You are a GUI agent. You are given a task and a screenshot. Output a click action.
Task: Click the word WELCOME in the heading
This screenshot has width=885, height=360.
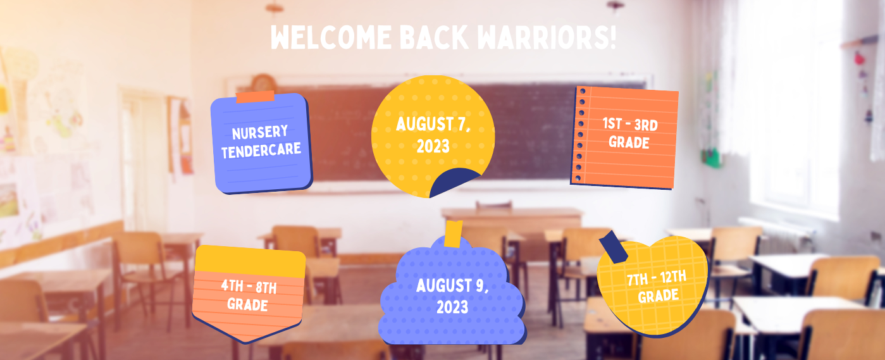[331, 37]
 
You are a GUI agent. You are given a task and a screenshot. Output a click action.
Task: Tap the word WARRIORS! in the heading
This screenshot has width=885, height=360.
[547, 37]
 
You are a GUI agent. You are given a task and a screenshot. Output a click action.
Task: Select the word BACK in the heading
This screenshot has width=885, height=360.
[434, 37]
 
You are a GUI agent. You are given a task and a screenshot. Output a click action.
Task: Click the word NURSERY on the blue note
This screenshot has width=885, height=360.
[259, 132]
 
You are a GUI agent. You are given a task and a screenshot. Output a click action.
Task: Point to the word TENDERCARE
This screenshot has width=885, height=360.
[261, 150]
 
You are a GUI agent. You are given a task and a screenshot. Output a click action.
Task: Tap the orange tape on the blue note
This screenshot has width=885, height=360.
[255, 97]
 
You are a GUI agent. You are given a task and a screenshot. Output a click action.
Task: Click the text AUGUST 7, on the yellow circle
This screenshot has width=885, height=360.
[433, 124]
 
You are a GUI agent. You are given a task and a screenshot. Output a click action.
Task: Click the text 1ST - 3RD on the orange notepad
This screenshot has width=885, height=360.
[630, 124]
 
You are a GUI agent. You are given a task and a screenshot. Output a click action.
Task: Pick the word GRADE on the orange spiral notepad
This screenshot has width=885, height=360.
[629, 142]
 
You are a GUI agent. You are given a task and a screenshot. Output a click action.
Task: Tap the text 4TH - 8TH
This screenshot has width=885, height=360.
[249, 286]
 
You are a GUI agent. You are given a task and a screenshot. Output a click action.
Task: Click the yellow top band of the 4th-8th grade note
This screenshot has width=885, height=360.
[250, 261]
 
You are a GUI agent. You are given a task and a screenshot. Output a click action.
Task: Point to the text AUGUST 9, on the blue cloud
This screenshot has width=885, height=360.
[452, 285]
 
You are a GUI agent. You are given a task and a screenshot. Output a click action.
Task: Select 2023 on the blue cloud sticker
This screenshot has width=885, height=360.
[452, 307]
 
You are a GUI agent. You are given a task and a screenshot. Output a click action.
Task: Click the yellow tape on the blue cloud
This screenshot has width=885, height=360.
[453, 234]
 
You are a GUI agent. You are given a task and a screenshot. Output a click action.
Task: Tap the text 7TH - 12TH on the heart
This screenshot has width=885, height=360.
[657, 278]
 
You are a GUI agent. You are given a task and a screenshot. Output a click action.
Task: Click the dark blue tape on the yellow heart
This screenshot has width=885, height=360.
[613, 247]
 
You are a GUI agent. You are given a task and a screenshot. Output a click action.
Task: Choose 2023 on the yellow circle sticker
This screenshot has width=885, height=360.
[433, 146]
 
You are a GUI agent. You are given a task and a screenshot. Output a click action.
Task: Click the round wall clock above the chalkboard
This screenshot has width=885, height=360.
[264, 84]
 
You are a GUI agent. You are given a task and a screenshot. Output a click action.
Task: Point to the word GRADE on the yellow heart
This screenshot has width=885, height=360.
[659, 296]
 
